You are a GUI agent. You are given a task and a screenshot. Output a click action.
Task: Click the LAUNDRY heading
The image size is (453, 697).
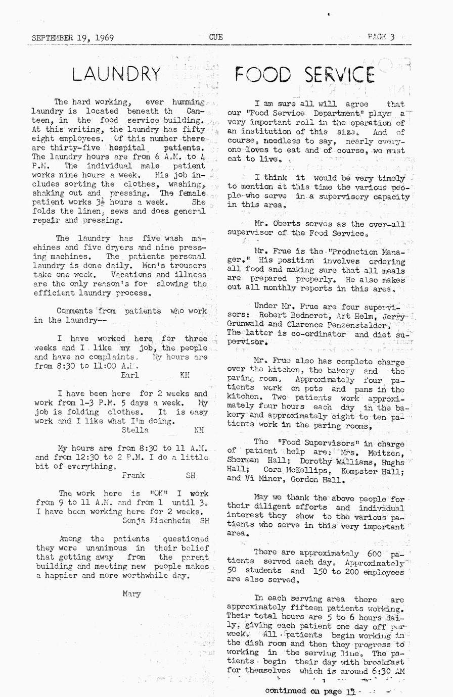point(116,74)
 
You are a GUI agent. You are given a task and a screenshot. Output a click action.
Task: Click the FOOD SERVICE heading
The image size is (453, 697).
point(304,75)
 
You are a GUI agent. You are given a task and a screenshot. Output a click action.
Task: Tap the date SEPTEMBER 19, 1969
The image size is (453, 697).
point(72,38)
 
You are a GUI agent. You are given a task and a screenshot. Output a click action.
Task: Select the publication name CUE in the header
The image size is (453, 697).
point(216,37)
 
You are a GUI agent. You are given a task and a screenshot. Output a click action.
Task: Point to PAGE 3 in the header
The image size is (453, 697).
point(381,36)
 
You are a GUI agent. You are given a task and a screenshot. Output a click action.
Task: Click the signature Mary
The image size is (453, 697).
point(131,594)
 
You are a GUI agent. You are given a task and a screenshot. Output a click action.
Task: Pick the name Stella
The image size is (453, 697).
point(135,430)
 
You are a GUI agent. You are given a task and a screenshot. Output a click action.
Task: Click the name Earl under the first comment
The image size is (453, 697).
point(130,375)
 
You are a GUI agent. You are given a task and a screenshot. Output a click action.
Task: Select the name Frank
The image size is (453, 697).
point(133,475)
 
